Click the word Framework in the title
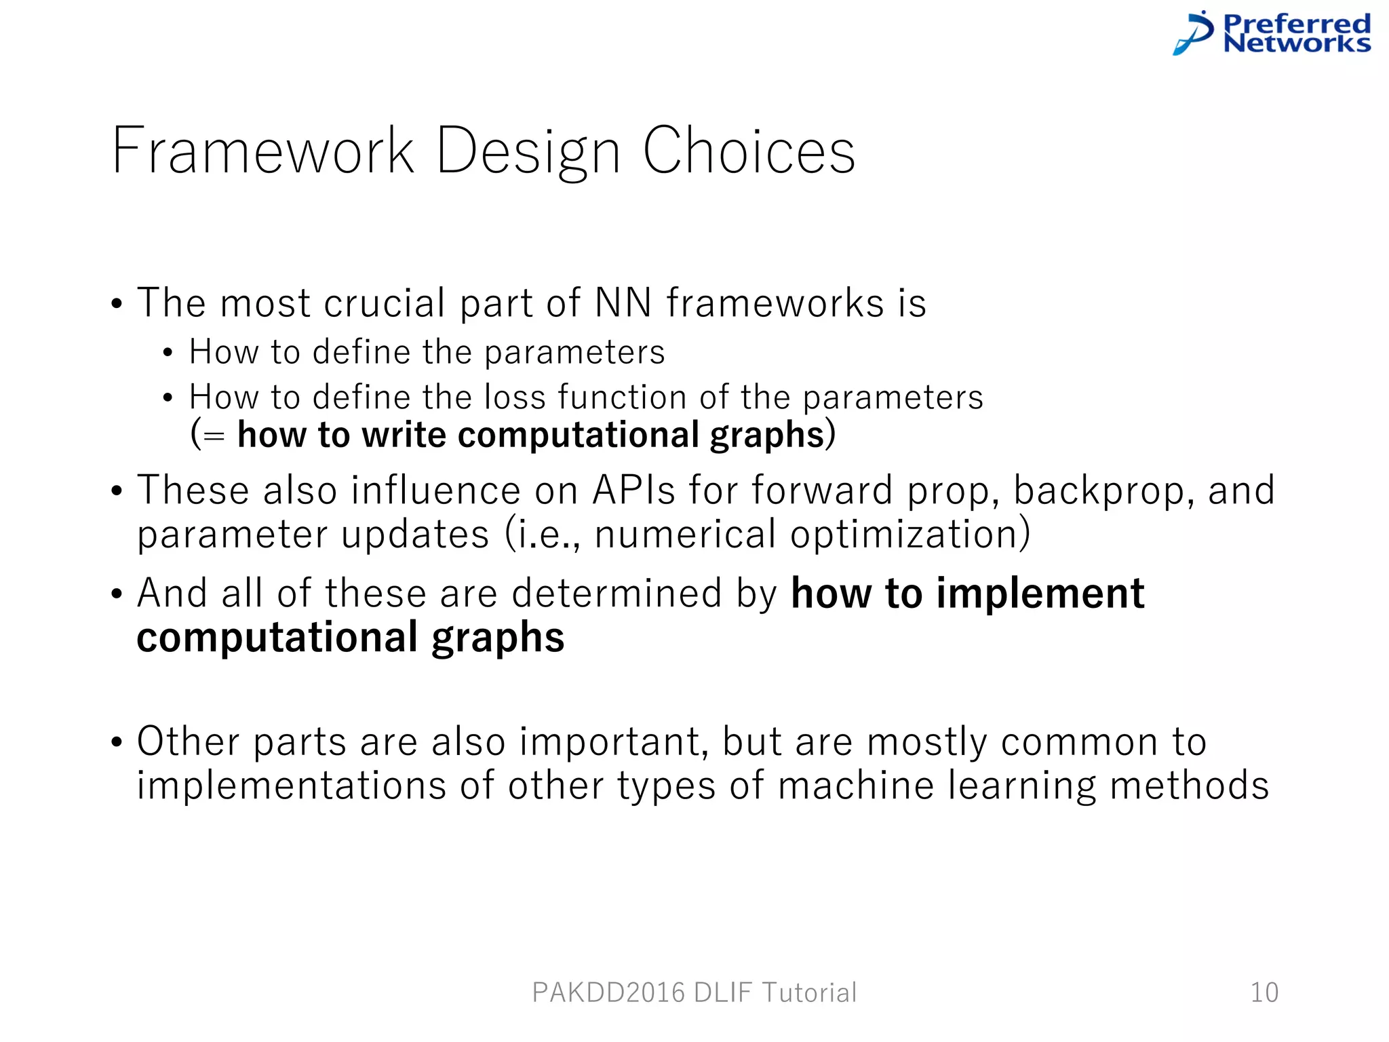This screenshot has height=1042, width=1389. point(263,151)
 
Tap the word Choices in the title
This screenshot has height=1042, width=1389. point(749,151)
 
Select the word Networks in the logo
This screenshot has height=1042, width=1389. point(1297,43)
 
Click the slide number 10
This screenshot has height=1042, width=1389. point(1264,992)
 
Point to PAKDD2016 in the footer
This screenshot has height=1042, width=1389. point(608,992)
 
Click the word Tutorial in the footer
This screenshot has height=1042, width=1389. point(809,992)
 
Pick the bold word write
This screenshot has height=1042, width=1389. point(404,435)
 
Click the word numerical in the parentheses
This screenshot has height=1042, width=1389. point(685,535)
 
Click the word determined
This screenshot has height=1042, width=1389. point(617,594)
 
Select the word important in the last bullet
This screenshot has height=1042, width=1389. point(614,741)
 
